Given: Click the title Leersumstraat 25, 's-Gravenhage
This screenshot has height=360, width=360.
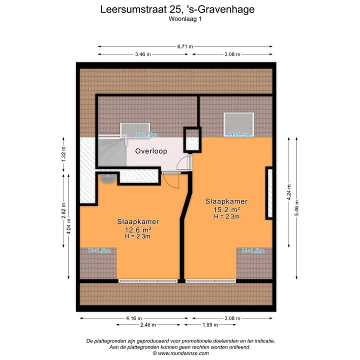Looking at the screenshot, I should [180, 9].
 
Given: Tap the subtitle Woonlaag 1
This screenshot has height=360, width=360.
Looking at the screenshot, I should [180, 19].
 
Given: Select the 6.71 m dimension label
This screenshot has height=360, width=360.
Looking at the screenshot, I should [185, 46].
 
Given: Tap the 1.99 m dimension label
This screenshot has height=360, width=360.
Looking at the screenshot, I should [209, 325].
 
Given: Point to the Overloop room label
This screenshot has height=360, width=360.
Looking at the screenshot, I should [150, 151].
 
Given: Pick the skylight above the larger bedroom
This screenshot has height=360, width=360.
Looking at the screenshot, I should [239, 123].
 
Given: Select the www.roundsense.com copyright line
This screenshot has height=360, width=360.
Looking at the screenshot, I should [180, 353].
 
